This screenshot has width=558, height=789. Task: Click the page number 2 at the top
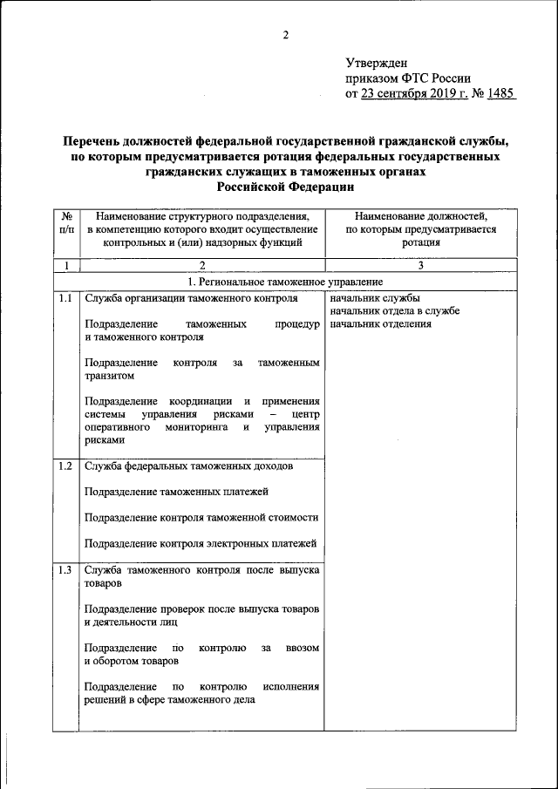point(284,35)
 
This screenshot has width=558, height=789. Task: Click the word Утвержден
point(376,63)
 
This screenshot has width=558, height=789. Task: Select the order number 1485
point(501,94)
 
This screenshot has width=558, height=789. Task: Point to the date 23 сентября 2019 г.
point(410,94)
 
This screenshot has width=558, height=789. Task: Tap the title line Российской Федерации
point(285,186)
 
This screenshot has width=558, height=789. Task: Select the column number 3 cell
point(420,265)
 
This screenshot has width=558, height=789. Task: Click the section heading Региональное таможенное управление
point(285,282)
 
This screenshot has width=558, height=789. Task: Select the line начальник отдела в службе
point(395,311)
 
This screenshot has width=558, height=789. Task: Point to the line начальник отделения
point(381,324)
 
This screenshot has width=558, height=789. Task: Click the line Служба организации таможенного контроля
point(192,298)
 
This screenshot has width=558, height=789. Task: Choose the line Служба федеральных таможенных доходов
point(188,466)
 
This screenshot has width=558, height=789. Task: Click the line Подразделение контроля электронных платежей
point(201,544)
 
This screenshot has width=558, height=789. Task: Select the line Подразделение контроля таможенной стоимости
point(201,518)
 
